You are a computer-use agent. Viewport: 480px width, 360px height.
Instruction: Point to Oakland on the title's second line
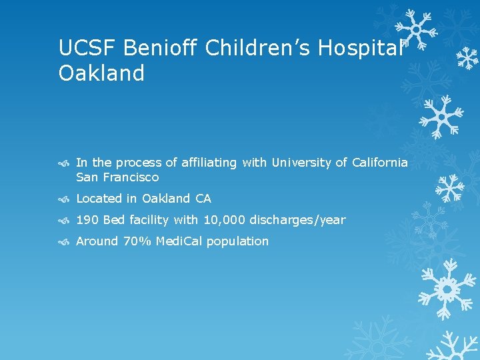[x=101, y=73]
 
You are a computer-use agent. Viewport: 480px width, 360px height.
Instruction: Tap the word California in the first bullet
[x=379, y=163]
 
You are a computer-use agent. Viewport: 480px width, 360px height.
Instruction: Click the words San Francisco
[x=117, y=177]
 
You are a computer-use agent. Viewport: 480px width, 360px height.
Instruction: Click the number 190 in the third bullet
[x=87, y=220]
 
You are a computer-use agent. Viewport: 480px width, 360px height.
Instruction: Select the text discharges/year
[x=297, y=220]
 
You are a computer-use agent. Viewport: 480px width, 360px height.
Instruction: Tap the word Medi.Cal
[x=179, y=241]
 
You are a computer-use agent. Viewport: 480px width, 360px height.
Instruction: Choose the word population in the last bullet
[x=237, y=241]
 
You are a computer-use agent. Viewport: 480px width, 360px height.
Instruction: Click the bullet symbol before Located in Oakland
[x=63, y=199]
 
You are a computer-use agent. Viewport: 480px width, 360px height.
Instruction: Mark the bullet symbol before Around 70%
[x=63, y=241]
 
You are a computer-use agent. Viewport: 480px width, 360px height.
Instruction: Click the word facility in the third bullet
[x=149, y=220]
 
